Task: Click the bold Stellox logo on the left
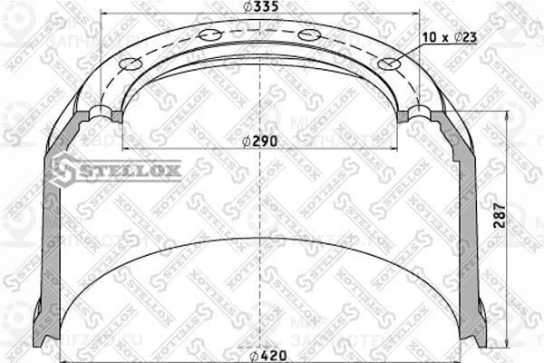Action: (116, 168)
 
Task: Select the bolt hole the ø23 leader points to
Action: (390, 65)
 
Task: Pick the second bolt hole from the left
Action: (214, 35)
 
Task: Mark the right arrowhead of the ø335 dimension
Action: (418, 15)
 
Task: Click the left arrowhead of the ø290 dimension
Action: (126, 147)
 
